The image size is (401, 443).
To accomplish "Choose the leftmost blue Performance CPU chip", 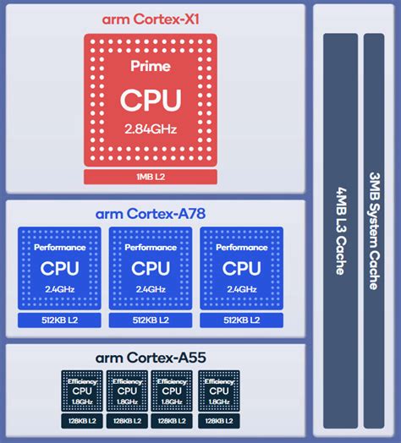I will coord(59,268).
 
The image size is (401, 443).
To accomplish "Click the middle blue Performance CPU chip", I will coord(151,268).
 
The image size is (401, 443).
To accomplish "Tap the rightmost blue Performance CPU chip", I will coord(241,268).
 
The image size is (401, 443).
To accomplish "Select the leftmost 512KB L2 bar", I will coord(59,321).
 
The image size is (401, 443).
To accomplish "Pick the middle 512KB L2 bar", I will coord(151,321).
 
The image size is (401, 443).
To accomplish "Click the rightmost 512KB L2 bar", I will coord(241,321).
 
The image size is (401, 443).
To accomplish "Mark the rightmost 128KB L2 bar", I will coord(219,421).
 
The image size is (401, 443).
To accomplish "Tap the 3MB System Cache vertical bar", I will coord(373,228).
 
